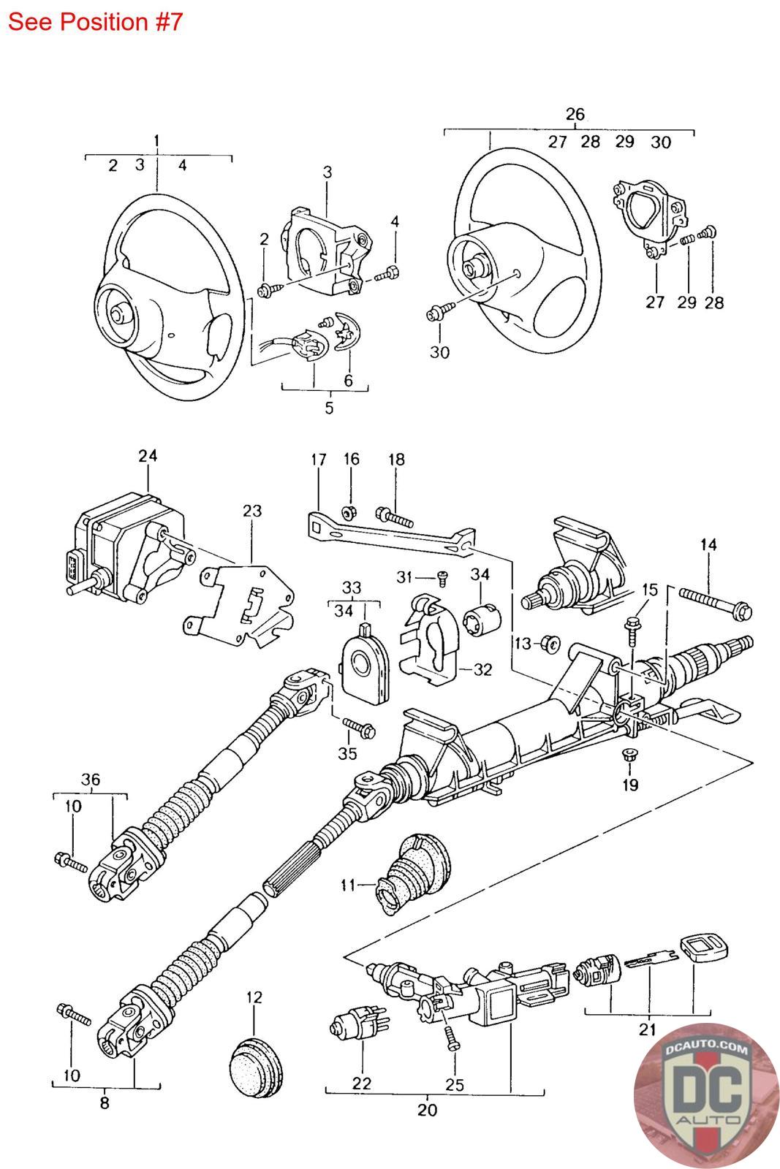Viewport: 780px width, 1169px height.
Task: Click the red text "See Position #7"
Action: (94, 22)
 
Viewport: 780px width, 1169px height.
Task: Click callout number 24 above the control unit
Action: (148, 456)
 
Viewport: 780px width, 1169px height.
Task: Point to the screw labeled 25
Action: (451, 1038)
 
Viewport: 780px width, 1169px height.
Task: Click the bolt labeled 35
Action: (358, 726)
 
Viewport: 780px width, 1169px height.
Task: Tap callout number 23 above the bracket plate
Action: (251, 511)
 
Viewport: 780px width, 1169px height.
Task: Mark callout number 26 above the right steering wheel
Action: (575, 114)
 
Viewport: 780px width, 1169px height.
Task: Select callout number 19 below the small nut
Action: (630, 785)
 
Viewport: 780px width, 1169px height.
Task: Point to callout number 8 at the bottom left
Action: (105, 1103)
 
